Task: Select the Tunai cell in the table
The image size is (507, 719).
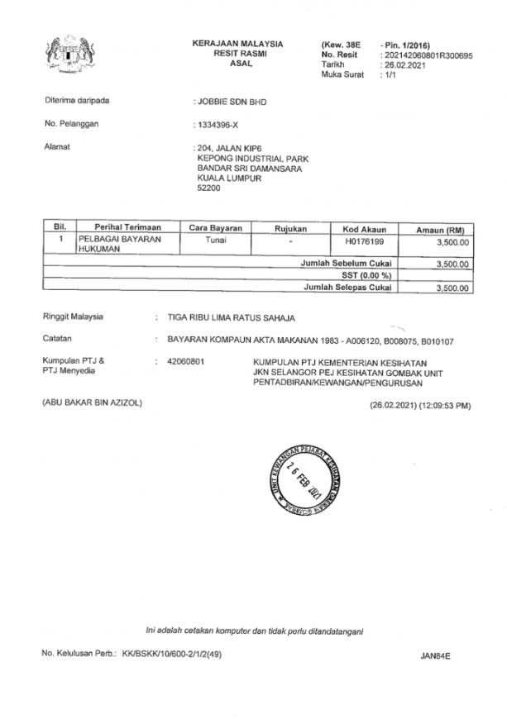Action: point(214,241)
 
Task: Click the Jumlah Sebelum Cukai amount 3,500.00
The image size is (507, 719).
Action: point(452,264)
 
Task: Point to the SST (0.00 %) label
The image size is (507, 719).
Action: point(366,275)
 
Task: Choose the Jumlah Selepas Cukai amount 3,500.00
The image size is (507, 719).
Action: point(452,288)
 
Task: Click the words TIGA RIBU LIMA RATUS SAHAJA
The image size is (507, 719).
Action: point(231,317)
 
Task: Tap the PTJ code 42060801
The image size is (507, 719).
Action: point(187,362)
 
